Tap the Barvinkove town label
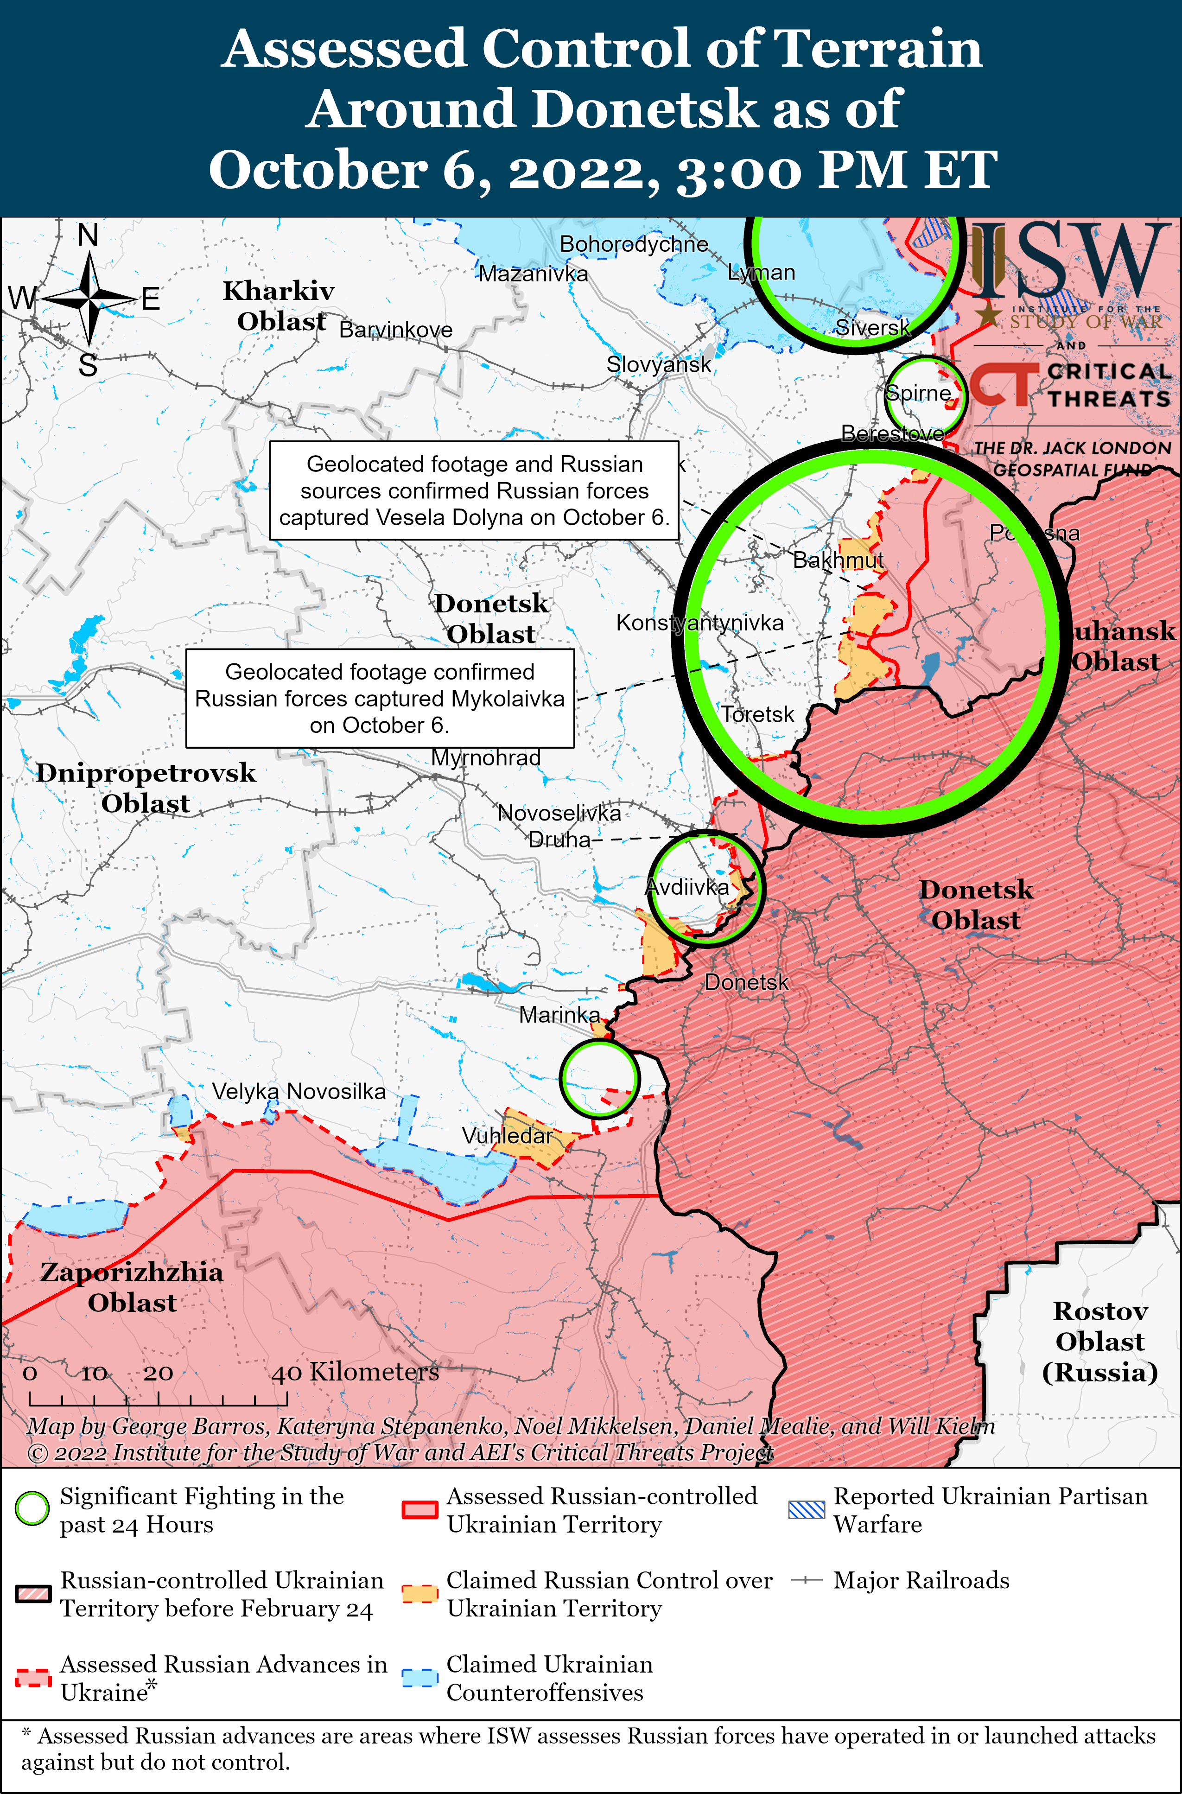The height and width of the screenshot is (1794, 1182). tap(396, 330)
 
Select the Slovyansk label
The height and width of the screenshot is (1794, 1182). tap(659, 365)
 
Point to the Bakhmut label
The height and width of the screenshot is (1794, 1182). tap(838, 560)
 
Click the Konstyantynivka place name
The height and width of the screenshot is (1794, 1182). tap(699, 623)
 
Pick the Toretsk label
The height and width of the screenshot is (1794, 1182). tap(757, 714)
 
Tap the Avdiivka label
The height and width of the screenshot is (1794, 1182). tap(687, 887)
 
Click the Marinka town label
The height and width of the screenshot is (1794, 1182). tap(559, 1015)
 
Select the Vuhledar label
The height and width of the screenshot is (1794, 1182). tap(507, 1135)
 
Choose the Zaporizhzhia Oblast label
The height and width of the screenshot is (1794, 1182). tap(132, 1287)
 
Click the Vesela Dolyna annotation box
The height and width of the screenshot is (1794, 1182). tap(474, 491)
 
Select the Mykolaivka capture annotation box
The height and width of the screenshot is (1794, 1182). tap(380, 698)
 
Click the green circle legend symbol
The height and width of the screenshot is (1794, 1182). tap(32, 1509)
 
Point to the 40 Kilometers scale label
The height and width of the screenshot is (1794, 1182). tap(355, 1372)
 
